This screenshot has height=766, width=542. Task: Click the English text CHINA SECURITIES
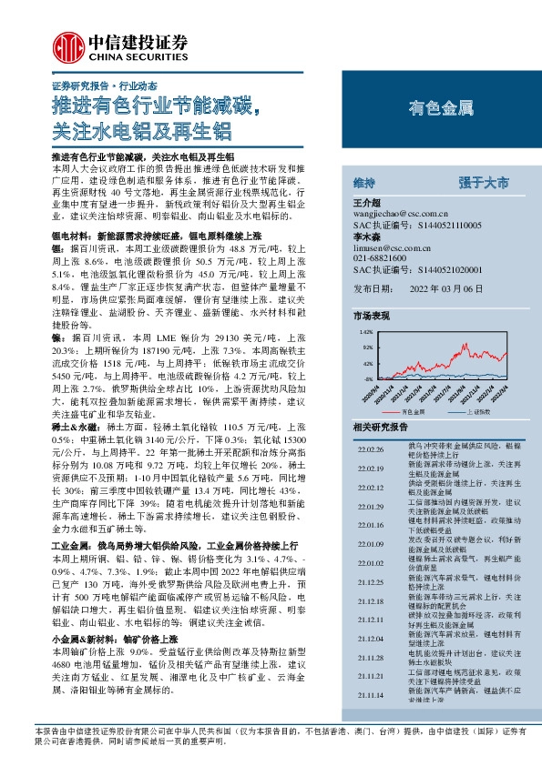(x=138, y=54)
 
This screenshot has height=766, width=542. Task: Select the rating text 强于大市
(x=484, y=183)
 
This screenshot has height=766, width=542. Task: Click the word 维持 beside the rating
(x=364, y=183)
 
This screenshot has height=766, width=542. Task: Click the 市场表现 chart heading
(x=371, y=315)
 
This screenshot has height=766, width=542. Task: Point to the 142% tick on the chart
(x=367, y=334)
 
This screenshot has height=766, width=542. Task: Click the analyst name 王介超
(x=364, y=202)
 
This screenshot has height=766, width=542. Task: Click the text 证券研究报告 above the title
(x=65, y=84)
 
